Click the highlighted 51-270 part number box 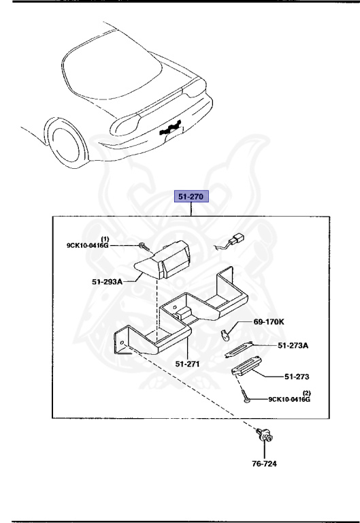coord(193,197)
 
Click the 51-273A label coord(293,346)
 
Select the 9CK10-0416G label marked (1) coord(87,245)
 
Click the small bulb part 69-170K coord(227,333)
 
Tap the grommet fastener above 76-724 coord(265,439)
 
